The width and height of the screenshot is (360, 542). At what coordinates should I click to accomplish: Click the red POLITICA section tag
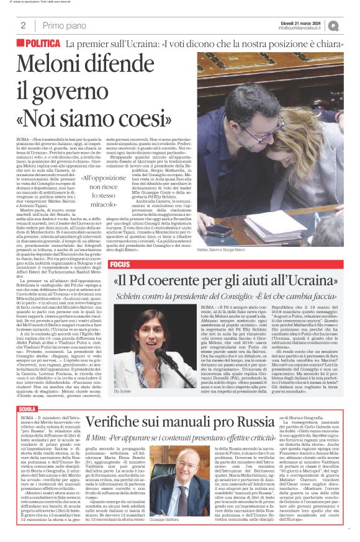click(42, 44)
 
